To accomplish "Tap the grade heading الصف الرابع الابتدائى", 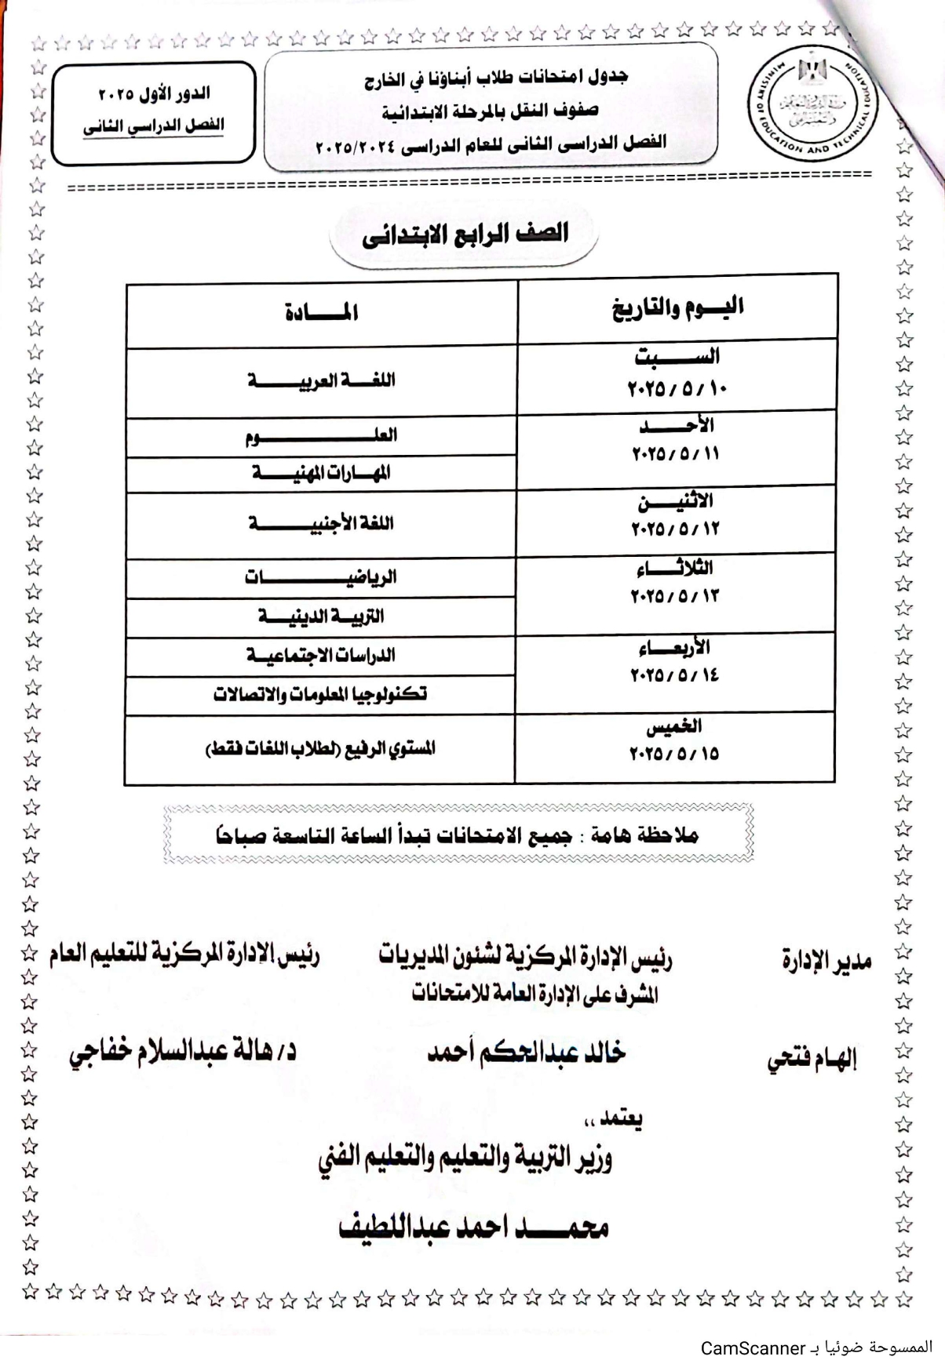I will [465, 234].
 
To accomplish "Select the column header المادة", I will [322, 312].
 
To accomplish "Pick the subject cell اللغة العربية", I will [322, 381].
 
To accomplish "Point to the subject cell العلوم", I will [322, 435].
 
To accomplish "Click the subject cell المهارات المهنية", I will [322, 472].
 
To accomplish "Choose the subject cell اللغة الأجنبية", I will [322, 523].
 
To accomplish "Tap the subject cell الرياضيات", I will [322, 578].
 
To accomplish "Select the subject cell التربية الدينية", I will [322, 616].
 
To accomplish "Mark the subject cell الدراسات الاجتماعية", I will [322, 656].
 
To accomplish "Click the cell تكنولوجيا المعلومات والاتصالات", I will [322, 694].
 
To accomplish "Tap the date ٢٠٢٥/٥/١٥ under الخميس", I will [675, 754].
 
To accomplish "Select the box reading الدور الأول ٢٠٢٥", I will [155, 95].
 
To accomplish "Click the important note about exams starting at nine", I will [458, 835].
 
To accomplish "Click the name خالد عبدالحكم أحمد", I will [526, 1053].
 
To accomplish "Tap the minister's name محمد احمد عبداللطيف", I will [473, 1227].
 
